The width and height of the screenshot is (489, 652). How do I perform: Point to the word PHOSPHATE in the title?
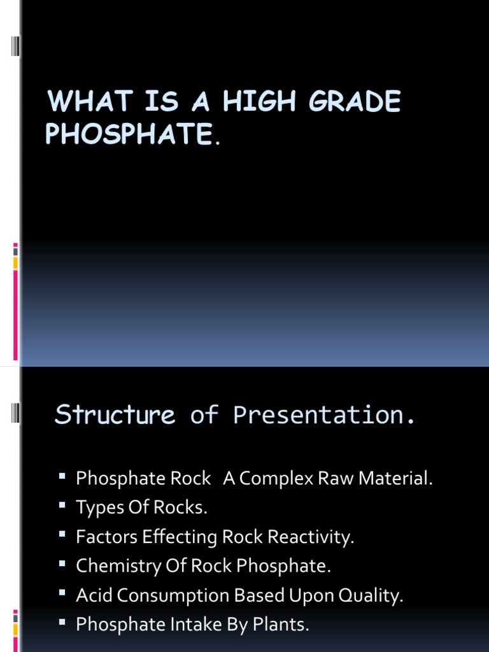128,134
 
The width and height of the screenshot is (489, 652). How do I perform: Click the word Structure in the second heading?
115,415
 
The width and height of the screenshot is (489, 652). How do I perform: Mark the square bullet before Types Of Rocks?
62,506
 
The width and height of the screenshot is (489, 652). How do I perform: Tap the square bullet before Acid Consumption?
62,593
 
